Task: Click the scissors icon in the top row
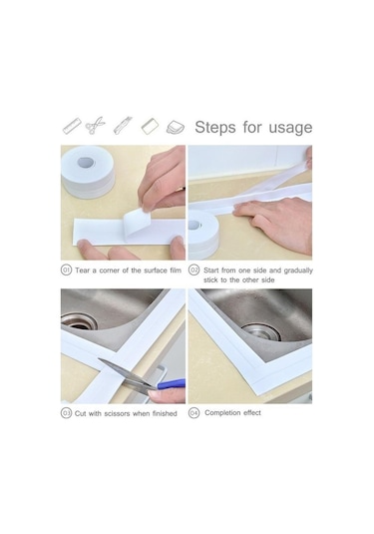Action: tap(96, 127)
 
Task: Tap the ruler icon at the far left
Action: tap(71, 127)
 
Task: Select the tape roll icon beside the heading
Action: tap(176, 127)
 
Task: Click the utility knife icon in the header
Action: tap(122, 127)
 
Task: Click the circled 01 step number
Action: tap(66, 269)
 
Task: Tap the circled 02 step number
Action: tap(194, 269)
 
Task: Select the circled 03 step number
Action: tap(66, 413)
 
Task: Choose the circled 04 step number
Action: tap(194, 413)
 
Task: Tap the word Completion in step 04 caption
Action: tap(224, 413)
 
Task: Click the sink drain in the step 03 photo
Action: tap(79, 321)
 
